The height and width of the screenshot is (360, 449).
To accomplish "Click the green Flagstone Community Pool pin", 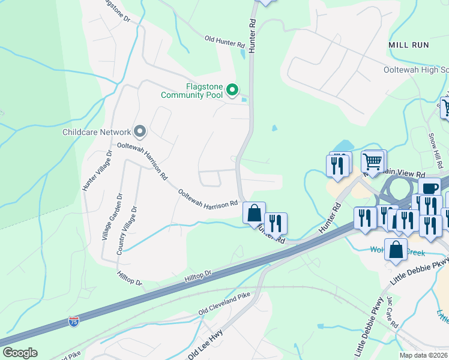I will point(232,91).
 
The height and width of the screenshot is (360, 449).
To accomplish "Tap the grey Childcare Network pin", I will point(140,130).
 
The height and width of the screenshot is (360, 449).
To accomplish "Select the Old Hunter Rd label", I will point(224,41).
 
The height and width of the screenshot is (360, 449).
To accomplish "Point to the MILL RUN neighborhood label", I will point(408,45).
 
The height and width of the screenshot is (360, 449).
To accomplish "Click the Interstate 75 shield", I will point(73,322).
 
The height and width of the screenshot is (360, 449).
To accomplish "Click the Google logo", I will point(20,353).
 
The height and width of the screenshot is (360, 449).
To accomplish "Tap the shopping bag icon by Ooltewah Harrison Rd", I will point(255,213).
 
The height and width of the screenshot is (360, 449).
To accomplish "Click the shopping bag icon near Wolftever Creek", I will point(396,251).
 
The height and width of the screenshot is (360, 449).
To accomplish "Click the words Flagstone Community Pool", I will point(191,91).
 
